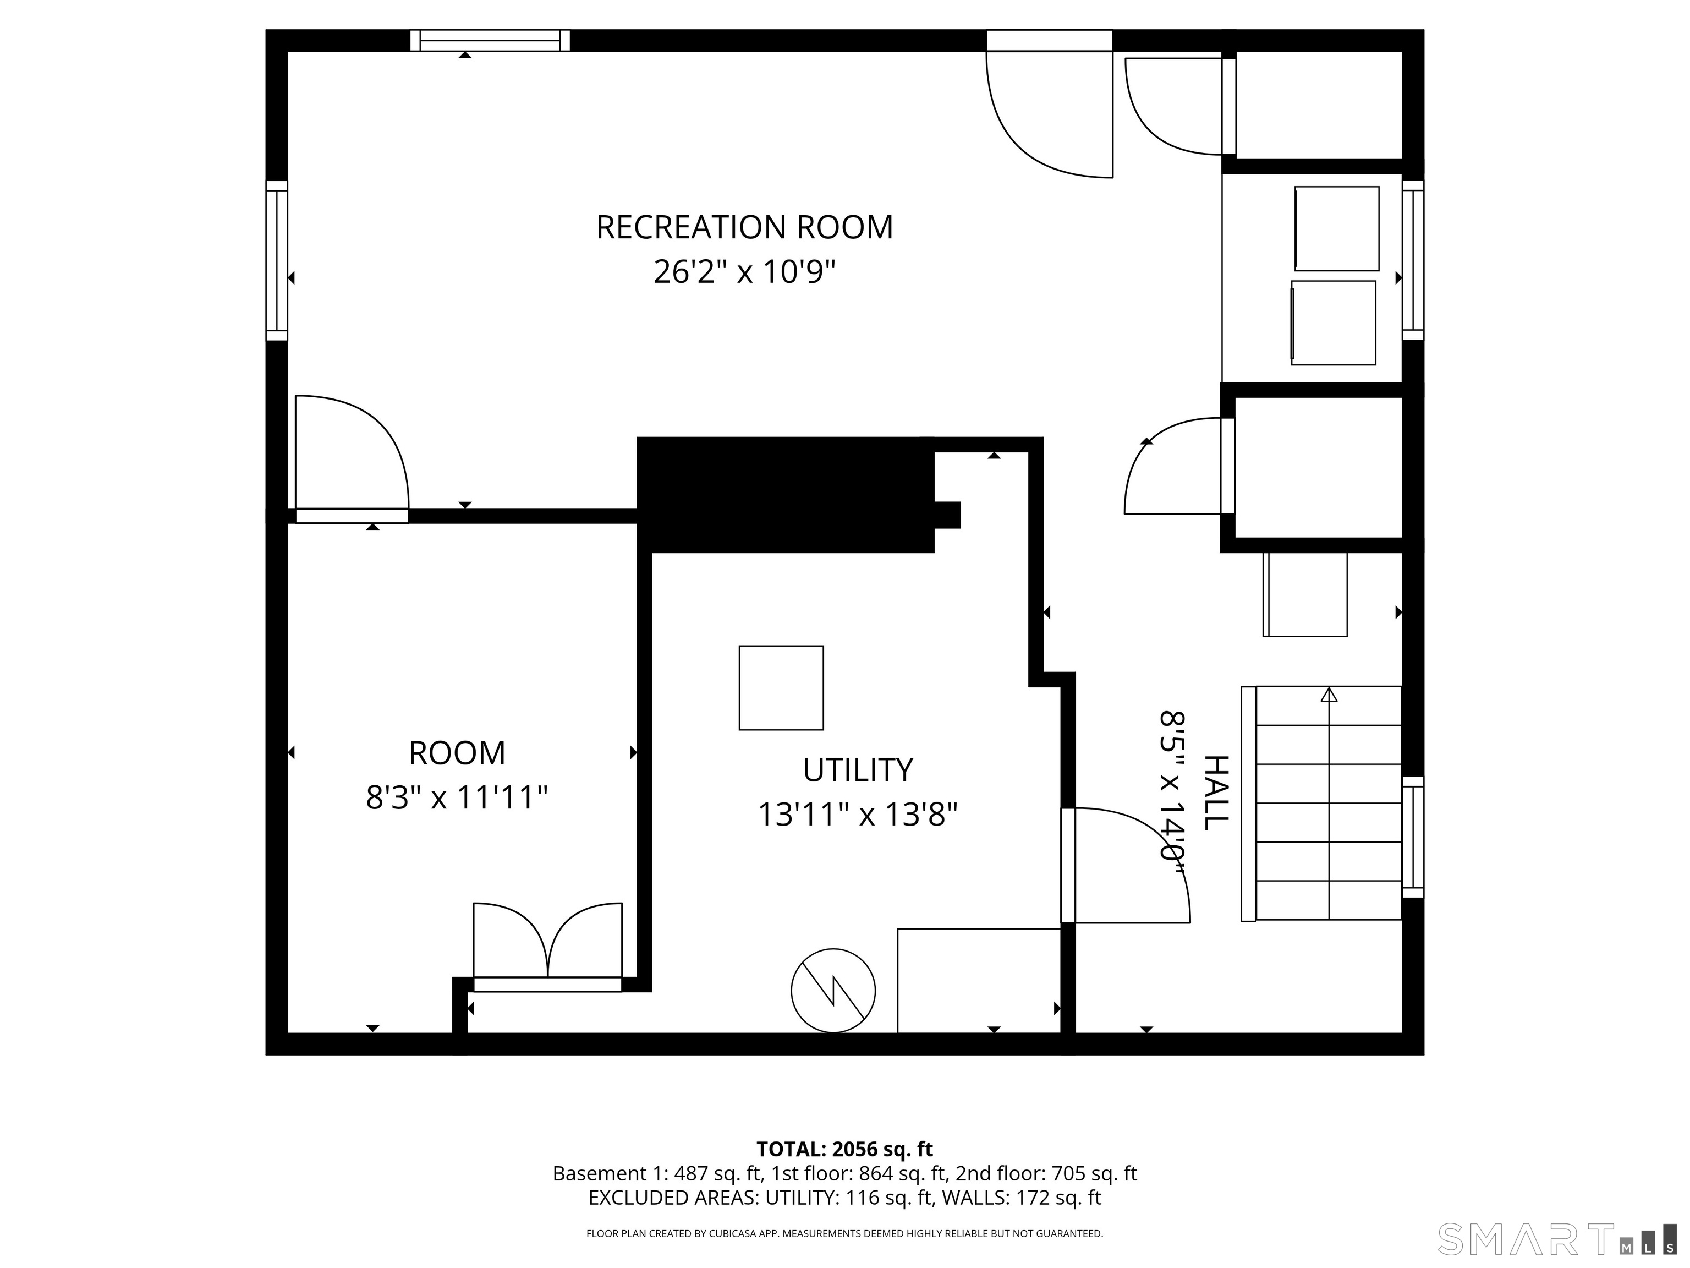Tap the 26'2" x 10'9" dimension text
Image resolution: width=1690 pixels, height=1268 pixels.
point(744,271)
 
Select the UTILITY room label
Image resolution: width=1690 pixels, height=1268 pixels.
point(857,770)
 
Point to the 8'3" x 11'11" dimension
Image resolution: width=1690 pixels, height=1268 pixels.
point(457,797)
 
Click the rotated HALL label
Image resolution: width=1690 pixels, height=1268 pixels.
point(1216,792)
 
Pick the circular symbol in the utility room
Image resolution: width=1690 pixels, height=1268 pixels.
point(833,991)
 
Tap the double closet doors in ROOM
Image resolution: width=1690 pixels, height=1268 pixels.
point(548,946)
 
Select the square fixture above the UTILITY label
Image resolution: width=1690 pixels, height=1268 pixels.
point(781,688)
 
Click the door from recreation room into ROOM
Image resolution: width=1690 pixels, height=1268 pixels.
point(352,458)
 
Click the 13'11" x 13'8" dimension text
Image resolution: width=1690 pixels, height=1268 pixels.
point(857,814)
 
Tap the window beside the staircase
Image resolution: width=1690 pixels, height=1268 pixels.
point(1413,837)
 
